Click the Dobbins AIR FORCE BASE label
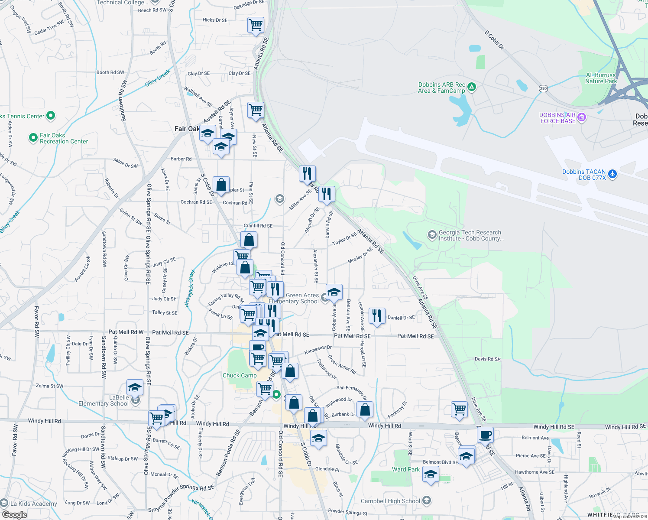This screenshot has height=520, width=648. [557, 118]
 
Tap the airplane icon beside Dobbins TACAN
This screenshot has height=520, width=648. [612, 174]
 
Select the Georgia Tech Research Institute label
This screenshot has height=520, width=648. [470, 235]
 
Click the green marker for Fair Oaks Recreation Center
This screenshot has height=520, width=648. [33, 138]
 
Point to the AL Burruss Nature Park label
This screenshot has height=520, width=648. [601, 78]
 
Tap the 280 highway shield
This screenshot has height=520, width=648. [543, 88]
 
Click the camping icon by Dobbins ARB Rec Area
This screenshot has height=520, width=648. [472, 87]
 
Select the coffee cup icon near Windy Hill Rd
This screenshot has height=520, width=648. [486, 434]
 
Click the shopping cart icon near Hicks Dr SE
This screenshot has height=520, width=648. [256, 24]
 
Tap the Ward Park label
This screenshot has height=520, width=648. [406, 469]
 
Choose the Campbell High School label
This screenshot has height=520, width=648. [390, 501]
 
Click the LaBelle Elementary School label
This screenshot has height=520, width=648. [104, 400]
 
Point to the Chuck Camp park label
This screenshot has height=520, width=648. [240, 375]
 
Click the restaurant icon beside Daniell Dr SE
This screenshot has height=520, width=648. [377, 315]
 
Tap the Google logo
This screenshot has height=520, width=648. [15, 514]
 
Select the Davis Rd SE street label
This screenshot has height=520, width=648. [487, 359]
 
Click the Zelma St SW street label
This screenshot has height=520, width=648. [49, 386]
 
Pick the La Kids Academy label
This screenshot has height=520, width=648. [34, 504]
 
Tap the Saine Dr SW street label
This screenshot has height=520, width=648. [125, 163]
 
